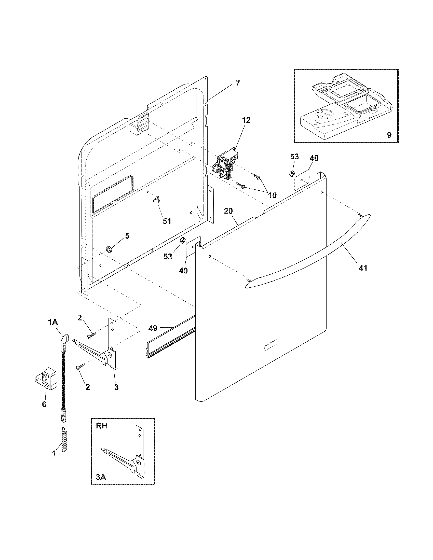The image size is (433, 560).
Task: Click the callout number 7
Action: tap(238, 83)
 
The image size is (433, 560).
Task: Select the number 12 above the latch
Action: tap(246, 120)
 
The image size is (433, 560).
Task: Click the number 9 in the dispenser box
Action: tap(389, 135)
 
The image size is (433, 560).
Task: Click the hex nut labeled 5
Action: tap(109, 248)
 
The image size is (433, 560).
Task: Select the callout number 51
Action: tap(167, 221)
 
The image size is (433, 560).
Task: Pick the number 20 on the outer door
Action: tap(228, 211)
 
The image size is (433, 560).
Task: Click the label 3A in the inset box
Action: tap(101, 477)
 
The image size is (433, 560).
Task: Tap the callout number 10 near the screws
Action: tap(272, 195)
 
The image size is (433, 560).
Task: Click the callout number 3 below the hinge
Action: tap(116, 387)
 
